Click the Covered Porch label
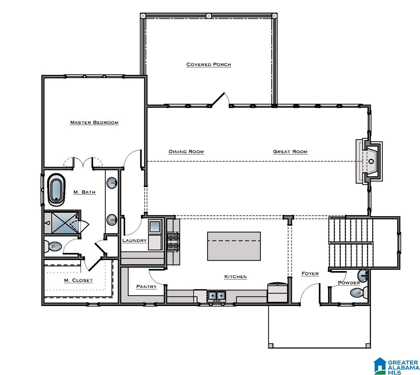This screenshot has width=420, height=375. click(209, 64)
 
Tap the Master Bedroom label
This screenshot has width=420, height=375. click(94, 123)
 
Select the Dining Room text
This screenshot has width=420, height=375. click(186, 152)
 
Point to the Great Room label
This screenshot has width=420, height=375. click(290, 152)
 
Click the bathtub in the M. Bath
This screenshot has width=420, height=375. click(56, 189)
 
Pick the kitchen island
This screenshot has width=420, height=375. click(234, 246)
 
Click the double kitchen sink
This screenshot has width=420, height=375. click(216, 296)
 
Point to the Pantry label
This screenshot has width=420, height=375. click(146, 287)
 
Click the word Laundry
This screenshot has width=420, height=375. click(135, 241)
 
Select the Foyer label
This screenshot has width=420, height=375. click(310, 273)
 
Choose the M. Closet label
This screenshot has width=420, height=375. click(78, 280)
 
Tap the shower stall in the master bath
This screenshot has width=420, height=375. click(62, 223)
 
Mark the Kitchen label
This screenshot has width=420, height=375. click(235, 277)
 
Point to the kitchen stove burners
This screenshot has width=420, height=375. click(173, 241)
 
